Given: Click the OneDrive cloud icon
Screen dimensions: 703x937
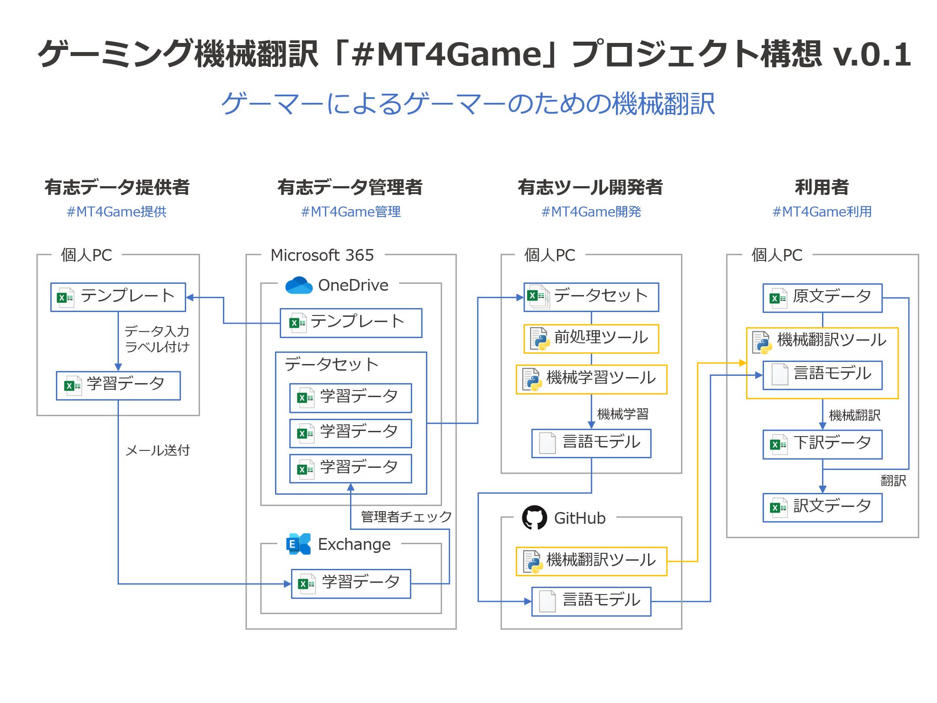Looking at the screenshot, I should [299, 285].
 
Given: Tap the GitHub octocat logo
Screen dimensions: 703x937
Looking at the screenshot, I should [534, 518].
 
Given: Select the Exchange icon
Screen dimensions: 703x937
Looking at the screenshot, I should [298, 544].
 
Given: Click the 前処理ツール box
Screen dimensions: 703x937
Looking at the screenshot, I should [591, 339].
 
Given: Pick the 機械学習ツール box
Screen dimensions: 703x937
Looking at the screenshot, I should [591, 379].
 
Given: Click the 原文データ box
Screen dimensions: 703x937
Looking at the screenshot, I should [822, 297].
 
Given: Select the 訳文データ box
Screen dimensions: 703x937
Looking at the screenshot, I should [822, 507].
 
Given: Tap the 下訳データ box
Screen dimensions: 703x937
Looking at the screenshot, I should [822, 443].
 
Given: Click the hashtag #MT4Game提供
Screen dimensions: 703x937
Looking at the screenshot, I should [117, 212].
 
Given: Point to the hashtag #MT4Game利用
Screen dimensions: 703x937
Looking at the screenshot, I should [822, 212].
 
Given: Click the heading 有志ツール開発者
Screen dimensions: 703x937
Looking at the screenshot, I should [590, 187].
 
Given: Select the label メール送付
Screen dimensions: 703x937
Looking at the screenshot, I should [157, 450].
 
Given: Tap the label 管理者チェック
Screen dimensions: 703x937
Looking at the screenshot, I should [406, 517].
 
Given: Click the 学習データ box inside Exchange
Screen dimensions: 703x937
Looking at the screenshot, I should [351, 584].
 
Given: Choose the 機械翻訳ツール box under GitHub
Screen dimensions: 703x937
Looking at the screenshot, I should [591, 561].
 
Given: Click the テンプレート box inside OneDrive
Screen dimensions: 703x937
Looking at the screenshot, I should [351, 323].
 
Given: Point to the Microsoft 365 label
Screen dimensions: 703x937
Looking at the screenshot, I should [322, 255].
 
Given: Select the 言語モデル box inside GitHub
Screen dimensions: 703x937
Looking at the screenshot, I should [591, 601].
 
